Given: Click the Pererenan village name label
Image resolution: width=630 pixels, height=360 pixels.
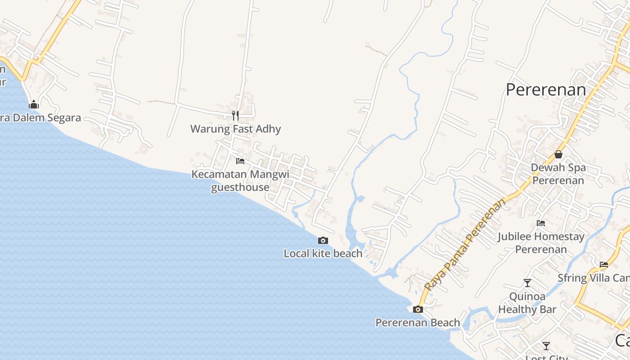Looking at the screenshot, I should (x=546, y=90).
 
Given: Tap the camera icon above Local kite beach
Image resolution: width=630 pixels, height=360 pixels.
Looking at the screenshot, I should (x=323, y=241).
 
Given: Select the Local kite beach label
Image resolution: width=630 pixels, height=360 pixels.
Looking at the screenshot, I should (x=323, y=253).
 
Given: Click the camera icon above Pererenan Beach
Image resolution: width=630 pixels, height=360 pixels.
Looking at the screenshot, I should (x=418, y=309).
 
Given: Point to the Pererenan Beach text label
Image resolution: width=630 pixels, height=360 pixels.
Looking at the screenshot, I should (x=418, y=323).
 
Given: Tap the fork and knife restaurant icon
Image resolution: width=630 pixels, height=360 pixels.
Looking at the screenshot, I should (x=235, y=116).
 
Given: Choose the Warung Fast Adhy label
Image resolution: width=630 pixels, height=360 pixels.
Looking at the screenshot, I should (x=235, y=129).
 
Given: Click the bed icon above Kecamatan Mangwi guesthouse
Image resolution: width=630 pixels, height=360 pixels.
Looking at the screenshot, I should (x=240, y=161).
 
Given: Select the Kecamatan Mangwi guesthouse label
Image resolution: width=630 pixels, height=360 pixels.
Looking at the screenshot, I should (x=240, y=180).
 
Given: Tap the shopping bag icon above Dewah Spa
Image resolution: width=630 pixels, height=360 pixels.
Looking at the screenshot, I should (x=558, y=154).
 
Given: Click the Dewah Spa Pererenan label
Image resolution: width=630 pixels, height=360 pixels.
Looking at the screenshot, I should (x=558, y=174).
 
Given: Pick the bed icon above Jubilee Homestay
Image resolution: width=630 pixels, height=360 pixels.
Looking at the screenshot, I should (x=541, y=223).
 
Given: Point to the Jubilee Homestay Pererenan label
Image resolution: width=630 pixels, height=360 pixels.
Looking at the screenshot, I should (x=541, y=243).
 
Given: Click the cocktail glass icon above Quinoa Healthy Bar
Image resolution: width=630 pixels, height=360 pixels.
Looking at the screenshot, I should (x=527, y=283).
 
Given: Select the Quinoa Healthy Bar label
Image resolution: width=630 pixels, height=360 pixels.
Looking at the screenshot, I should (x=527, y=303).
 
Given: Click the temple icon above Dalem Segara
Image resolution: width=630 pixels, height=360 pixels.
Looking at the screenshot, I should (x=34, y=105).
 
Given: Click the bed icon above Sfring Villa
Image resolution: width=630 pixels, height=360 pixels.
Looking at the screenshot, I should (x=604, y=265).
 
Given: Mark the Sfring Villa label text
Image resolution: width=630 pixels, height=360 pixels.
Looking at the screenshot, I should (x=594, y=278).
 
